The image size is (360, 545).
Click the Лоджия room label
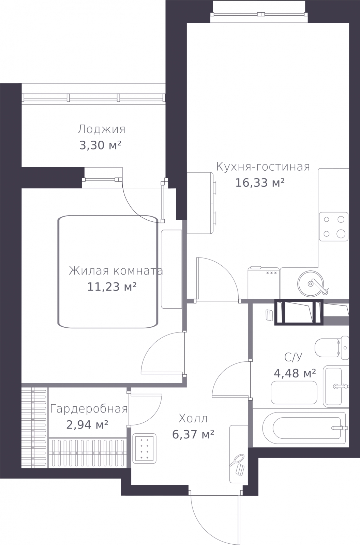[102, 129]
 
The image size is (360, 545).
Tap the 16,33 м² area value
[260, 183]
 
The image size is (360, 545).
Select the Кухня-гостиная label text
[263, 167]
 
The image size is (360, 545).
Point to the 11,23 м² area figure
[112, 286]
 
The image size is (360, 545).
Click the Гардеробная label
[89, 409]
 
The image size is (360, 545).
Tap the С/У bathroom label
[293, 357]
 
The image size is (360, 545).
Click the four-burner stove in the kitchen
[334, 227]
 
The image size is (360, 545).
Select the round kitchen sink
[311, 284]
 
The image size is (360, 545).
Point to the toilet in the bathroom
[332, 348]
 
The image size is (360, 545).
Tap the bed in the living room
[108, 271]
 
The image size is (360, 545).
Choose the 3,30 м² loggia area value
[100, 145]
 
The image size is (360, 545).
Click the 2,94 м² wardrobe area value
[87, 425]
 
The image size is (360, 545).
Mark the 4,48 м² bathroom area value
[295, 373]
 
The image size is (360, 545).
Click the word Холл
[193, 419]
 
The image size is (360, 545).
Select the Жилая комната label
[116, 271]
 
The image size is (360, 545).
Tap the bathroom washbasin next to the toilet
[336, 386]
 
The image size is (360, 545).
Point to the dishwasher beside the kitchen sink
[264, 283]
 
